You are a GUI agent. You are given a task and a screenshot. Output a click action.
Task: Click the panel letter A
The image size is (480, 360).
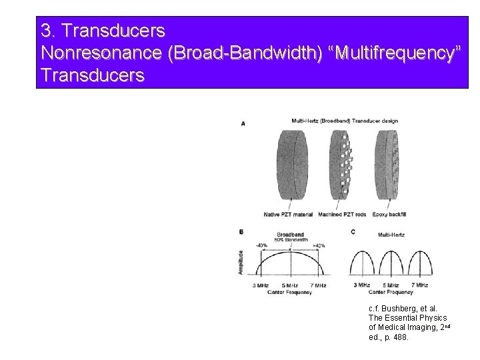point(243,123)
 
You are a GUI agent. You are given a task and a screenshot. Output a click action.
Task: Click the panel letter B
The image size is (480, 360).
point(241,231)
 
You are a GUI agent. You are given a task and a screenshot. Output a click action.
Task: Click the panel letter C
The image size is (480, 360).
point(351,231)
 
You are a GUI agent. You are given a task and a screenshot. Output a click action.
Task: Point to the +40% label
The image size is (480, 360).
point(319,245)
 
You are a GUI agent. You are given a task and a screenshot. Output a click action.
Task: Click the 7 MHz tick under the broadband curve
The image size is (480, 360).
point(319,285)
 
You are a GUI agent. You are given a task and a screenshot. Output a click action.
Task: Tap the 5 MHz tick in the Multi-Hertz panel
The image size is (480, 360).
point(393,285)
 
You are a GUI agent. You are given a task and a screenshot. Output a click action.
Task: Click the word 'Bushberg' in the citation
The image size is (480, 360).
point(395,309)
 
